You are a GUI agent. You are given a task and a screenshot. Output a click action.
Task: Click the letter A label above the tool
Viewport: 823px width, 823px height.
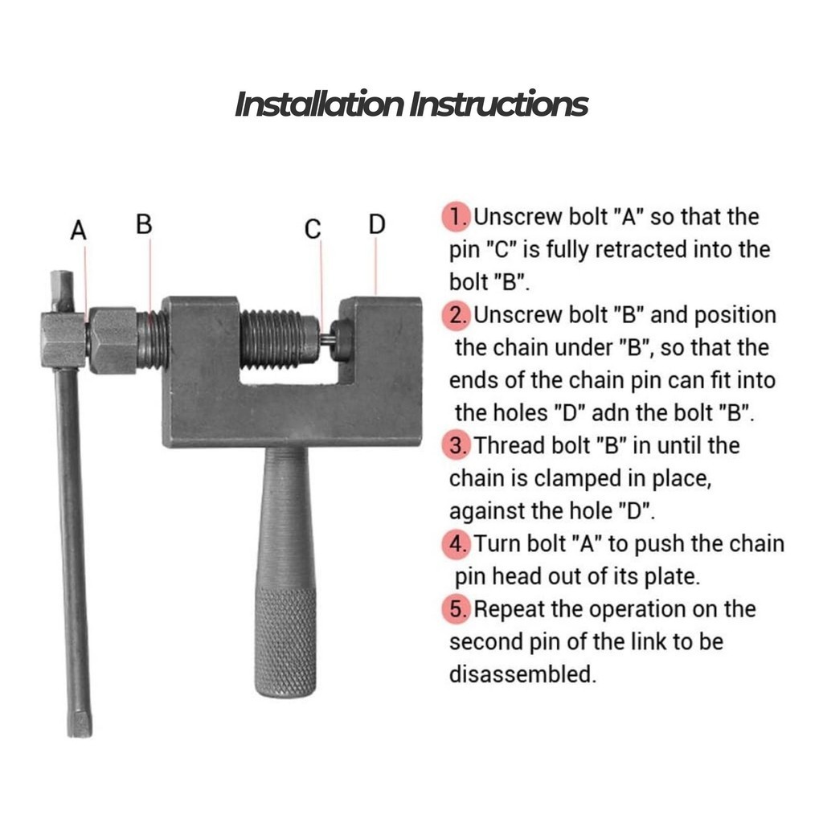(78, 231)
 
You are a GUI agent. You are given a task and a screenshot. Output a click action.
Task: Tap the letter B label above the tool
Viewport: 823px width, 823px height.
(144, 224)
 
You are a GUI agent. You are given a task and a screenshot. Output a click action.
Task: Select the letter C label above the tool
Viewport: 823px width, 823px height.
(313, 229)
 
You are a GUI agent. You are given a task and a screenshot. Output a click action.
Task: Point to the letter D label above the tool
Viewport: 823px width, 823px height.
(377, 224)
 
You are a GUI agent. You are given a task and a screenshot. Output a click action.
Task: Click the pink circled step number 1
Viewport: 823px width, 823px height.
(457, 217)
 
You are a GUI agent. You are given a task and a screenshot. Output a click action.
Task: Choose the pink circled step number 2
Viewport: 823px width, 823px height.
(457, 315)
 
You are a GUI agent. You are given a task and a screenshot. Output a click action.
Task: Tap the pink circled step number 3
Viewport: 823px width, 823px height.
(457, 445)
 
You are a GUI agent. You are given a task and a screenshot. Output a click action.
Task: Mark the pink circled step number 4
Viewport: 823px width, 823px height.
(457, 544)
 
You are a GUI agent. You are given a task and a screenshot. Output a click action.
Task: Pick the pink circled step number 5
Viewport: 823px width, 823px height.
(457, 609)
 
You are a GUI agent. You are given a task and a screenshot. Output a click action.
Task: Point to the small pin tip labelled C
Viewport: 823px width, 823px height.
(326, 340)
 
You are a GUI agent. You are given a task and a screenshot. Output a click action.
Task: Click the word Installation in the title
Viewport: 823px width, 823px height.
(319, 104)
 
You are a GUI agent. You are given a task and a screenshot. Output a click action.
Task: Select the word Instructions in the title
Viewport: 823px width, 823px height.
(498, 104)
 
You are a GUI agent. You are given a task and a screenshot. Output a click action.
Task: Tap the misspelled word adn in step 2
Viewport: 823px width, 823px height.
(611, 413)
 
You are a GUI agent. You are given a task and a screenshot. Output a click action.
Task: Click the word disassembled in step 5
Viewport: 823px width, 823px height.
(522, 674)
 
